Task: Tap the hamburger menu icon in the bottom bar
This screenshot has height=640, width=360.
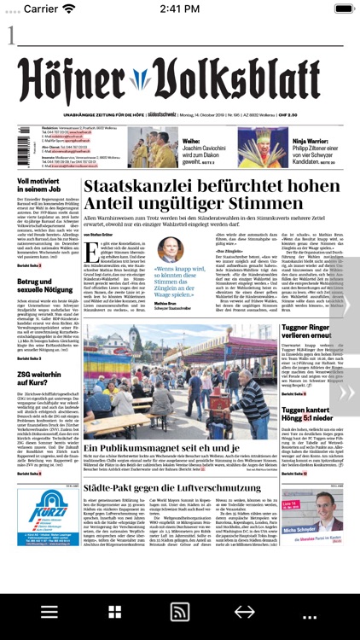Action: coord(49,613)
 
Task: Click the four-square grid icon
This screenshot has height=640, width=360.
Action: coord(114,613)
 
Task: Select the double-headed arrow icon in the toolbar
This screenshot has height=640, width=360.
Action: coord(245,613)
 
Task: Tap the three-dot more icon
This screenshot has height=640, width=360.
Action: coord(310,613)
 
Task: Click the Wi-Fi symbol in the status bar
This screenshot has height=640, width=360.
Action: coord(68,9)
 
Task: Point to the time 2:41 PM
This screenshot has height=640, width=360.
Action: coord(179,9)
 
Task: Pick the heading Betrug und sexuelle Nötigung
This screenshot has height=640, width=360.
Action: coord(44,286)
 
